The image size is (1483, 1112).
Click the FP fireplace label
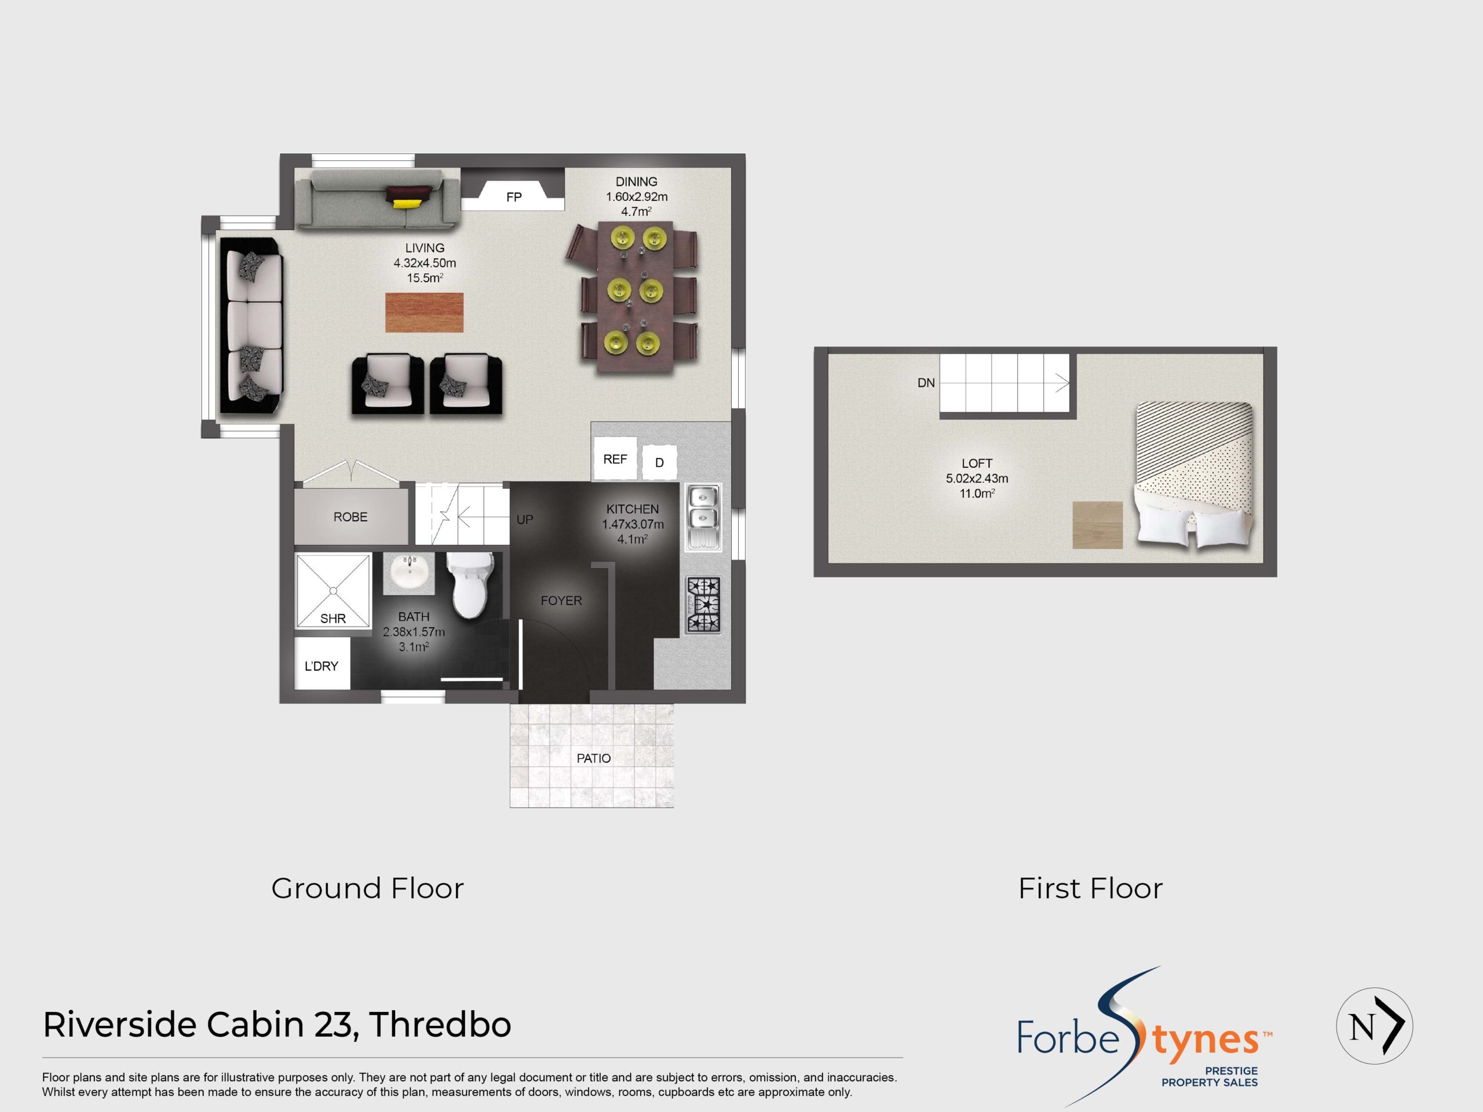point(514,197)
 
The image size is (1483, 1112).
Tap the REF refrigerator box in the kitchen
point(615,459)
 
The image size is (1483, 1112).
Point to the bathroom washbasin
point(409,574)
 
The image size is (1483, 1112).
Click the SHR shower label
point(333,619)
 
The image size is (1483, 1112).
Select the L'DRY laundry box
point(322,665)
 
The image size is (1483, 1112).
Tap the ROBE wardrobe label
point(350,517)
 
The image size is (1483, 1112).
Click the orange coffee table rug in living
point(423,312)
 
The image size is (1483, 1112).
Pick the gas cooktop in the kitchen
point(703,605)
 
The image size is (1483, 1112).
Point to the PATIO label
point(593,758)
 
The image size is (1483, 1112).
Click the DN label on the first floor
point(926,383)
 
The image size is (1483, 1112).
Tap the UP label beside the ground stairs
point(524,520)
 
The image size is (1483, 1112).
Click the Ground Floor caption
point(367,889)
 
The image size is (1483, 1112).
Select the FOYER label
point(561,601)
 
